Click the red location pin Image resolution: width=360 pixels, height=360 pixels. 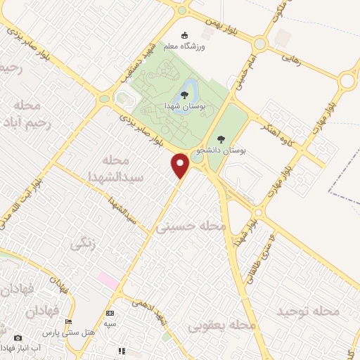[x=181, y=165]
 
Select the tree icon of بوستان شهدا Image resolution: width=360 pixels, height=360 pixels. [x=184, y=94]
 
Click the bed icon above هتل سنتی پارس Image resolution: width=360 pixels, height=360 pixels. [x=68, y=321]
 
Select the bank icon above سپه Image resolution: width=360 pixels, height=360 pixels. [x=109, y=313]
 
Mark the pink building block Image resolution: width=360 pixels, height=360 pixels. [x=109, y=279]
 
